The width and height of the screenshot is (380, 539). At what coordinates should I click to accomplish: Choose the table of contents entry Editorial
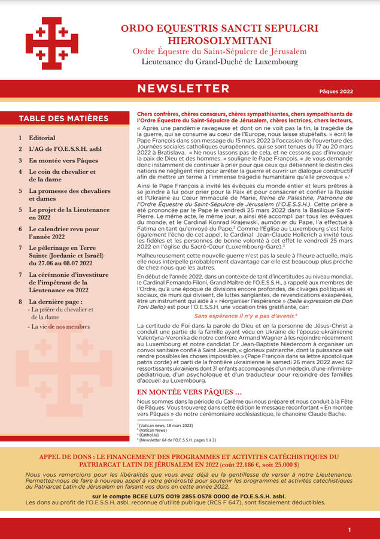coord(42,138)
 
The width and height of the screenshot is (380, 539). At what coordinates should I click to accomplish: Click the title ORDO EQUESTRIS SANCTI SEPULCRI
coord(220,28)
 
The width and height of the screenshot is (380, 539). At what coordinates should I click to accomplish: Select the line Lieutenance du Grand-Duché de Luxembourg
coord(220,62)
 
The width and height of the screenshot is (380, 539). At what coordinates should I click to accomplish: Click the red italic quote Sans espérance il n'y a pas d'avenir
coord(245,315)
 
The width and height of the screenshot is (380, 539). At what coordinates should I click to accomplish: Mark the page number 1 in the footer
coord(349,529)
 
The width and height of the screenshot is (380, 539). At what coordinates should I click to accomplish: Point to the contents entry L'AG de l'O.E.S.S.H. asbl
coord(64,149)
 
